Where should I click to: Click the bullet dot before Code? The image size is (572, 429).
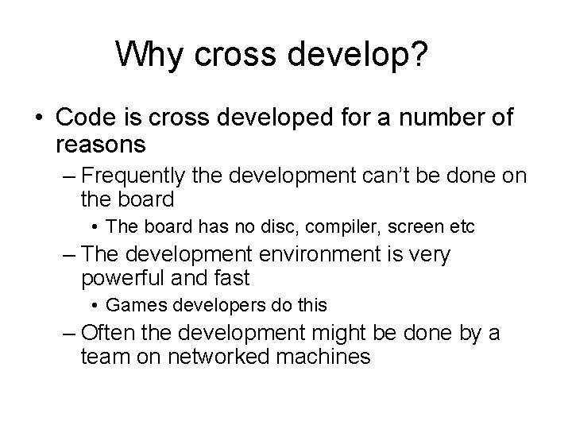tap(40, 118)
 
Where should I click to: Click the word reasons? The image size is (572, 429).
tap(101, 144)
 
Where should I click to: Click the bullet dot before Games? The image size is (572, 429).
tap(95, 304)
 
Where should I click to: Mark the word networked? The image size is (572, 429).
tap(227, 357)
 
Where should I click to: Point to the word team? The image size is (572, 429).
tap(103, 357)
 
